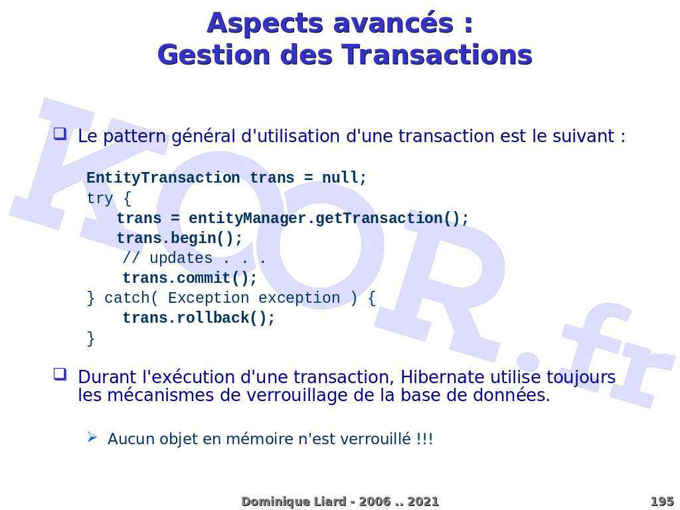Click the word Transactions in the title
(x=437, y=54)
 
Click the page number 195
(x=661, y=501)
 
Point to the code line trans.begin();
(x=179, y=238)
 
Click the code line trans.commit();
(x=189, y=278)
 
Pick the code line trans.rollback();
(x=198, y=318)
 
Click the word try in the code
(x=100, y=199)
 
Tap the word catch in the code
(x=127, y=298)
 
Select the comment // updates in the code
(x=167, y=258)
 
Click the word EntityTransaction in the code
(x=163, y=178)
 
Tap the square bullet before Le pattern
(x=60, y=133)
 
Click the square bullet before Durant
(x=60, y=374)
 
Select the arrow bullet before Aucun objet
(x=92, y=437)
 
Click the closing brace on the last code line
(x=91, y=338)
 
